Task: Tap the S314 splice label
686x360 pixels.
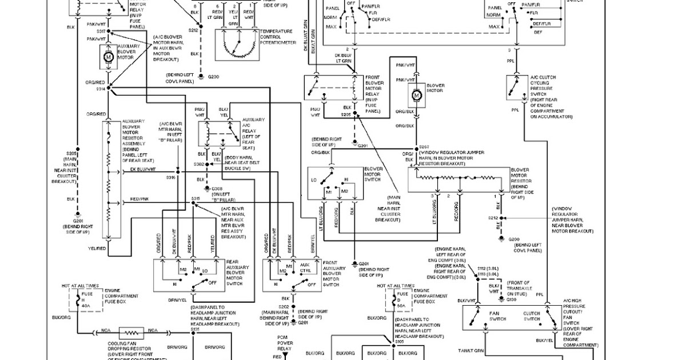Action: coord(101,89)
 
